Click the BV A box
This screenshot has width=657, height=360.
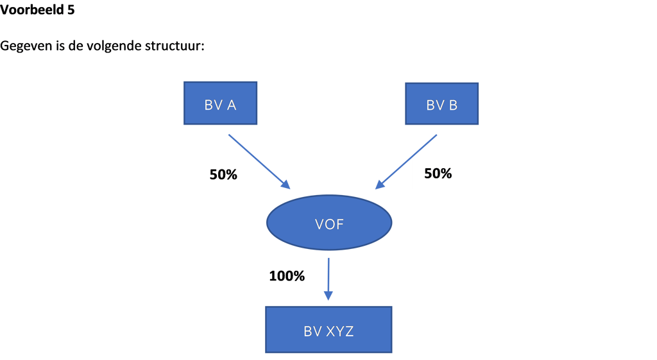point(221,103)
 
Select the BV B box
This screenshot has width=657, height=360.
point(441,103)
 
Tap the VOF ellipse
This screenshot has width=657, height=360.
point(329,223)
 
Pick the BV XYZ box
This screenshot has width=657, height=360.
point(328,329)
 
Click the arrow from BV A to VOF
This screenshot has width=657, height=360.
point(259,162)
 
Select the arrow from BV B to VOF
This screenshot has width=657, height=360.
point(406,162)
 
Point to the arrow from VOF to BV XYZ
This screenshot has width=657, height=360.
point(328,279)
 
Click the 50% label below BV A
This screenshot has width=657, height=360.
point(223,175)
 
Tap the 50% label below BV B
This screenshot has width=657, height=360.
point(438,173)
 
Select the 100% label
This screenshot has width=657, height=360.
point(287,276)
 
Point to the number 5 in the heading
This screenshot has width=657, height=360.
point(71,10)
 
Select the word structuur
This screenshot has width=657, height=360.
point(175,46)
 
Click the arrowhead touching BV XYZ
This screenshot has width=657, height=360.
point(328,295)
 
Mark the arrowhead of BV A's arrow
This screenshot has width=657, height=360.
point(286,185)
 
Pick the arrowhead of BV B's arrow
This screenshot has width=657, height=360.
point(380,185)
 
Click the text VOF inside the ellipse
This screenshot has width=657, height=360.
point(329,224)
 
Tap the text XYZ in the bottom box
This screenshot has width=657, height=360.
point(340,332)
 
